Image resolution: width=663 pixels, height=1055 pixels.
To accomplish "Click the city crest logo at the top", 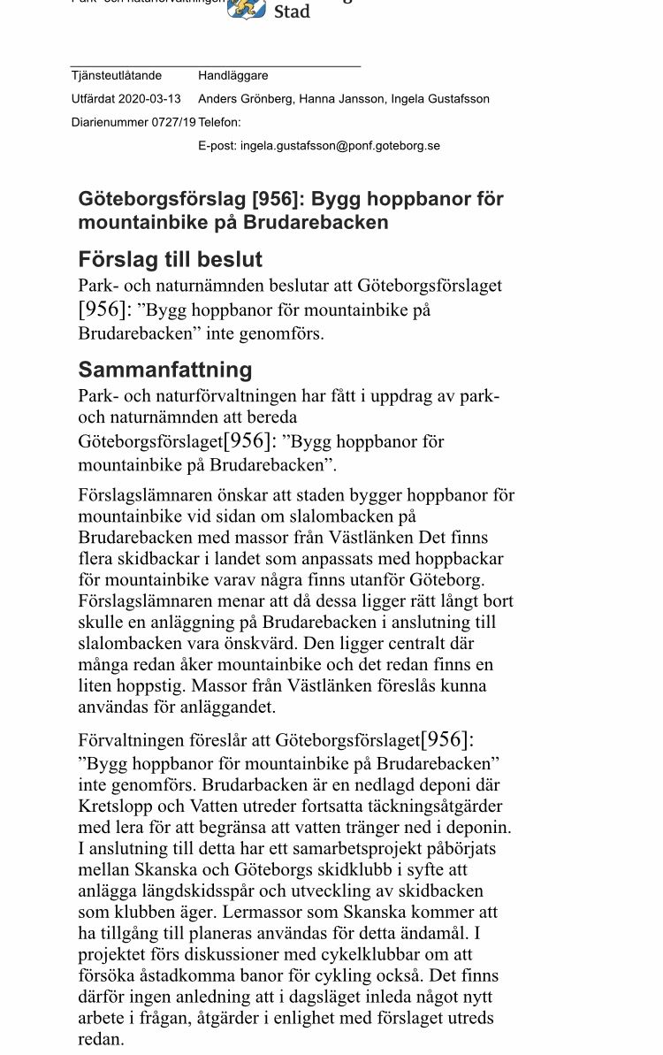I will click(247, 9).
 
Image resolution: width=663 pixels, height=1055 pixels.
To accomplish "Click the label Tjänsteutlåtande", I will click(117, 76).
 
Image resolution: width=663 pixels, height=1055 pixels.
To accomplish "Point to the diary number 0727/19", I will click(174, 122).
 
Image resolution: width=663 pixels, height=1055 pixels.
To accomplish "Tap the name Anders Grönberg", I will click(245, 99).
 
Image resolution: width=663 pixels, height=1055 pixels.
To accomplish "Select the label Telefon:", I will click(220, 122).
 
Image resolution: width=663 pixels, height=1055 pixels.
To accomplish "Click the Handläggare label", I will click(233, 76).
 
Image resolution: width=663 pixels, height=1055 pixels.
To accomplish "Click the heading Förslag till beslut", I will click(171, 260).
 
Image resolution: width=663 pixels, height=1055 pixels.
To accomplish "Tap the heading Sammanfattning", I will click(165, 369).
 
